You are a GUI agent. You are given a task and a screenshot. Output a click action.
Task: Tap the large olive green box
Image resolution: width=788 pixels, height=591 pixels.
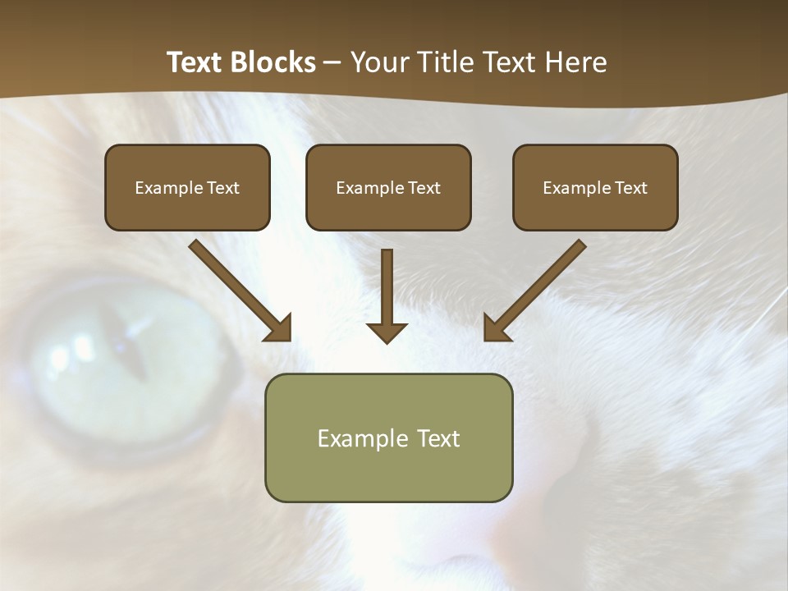coord(388,468)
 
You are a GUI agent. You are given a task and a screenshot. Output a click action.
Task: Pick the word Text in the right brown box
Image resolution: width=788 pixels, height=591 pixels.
coord(630,188)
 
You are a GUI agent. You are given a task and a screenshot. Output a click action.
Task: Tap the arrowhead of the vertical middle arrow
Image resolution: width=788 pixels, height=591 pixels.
coord(387,331)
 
